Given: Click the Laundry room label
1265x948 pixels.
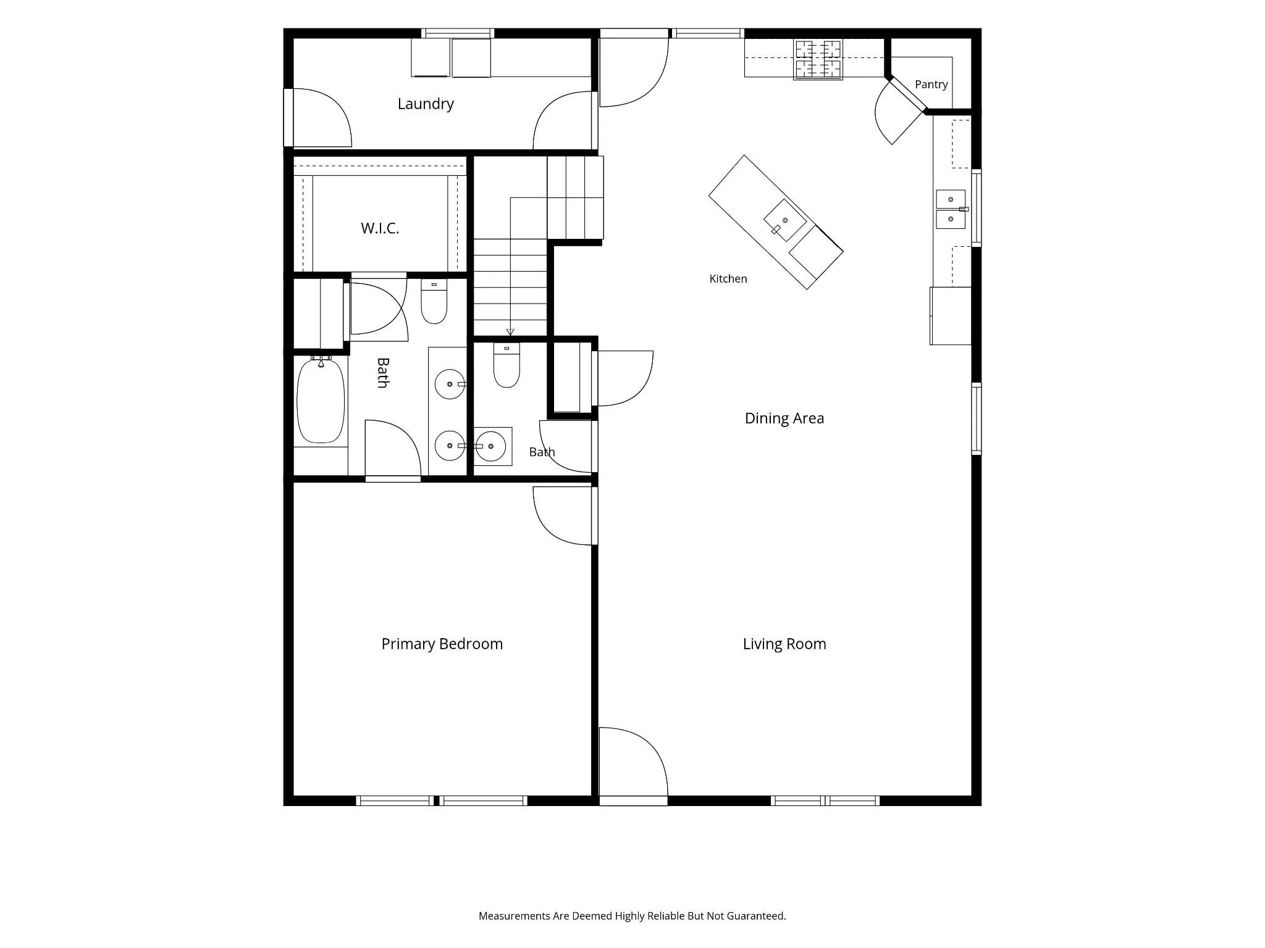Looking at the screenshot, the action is [x=426, y=104].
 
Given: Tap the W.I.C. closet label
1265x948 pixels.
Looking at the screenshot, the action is [x=380, y=228].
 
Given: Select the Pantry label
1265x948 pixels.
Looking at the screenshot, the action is [x=931, y=85].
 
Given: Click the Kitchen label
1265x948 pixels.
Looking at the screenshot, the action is [x=728, y=279].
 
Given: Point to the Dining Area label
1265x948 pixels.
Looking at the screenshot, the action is [x=784, y=418].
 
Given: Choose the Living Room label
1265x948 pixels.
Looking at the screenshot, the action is [x=784, y=644].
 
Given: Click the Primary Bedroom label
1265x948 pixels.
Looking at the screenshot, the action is [x=442, y=644].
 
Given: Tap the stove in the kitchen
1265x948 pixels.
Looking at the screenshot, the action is [x=818, y=60].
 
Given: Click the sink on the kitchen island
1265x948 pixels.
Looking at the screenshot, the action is [x=785, y=220].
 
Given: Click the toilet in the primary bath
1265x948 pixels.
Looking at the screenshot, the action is [x=434, y=302].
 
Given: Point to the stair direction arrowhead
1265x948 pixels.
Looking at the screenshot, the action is [x=510, y=332].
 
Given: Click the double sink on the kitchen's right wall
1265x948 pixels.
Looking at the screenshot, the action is [x=951, y=209].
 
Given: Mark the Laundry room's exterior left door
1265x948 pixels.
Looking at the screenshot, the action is [x=318, y=118].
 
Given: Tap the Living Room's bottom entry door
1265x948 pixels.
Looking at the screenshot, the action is [x=633, y=765].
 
